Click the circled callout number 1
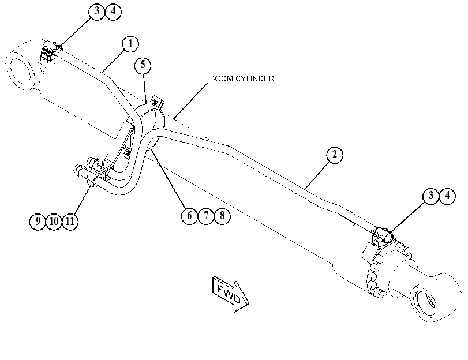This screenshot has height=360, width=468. pyautogui.click(x=130, y=44)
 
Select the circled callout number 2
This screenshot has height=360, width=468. pyautogui.click(x=335, y=155)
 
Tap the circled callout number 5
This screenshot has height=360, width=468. pyautogui.click(x=143, y=65)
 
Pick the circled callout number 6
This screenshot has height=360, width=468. pyautogui.click(x=189, y=215)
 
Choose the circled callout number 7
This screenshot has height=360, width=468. pyautogui.click(x=206, y=215)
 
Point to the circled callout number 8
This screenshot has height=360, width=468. pyautogui.click(x=222, y=215)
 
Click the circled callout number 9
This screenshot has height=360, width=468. pyautogui.click(x=38, y=221)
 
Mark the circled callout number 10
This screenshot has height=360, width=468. pyautogui.click(x=54, y=221)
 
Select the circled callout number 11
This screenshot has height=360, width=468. pyautogui.click(x=70, y=221)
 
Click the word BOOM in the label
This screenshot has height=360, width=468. pyautogui.click(x=222, y=78)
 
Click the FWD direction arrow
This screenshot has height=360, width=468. pyautogui.click(x=230, y=294)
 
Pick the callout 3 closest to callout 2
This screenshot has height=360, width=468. pyautogui.click(x=431, y=196)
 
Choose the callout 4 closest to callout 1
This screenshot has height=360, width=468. pyautogui.click(x=113, y=12)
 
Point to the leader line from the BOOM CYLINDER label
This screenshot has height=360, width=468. pyautogui.click(x=190, y=100)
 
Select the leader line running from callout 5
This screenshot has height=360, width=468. pyautogui.click(x=145, y=88)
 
